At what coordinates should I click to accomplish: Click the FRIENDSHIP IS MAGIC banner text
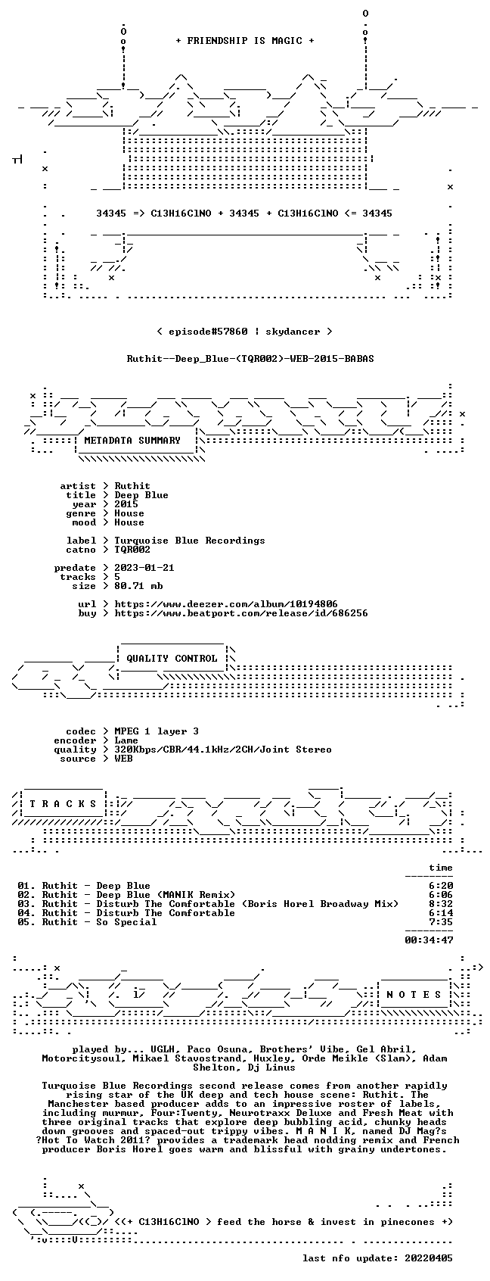244,41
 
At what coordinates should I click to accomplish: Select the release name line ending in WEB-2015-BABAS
250,359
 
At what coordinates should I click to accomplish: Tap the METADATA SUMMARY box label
132,441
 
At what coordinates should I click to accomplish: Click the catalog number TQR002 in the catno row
132,550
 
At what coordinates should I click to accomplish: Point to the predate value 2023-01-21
144,568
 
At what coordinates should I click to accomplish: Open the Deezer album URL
226,604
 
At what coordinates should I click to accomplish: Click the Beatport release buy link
241,613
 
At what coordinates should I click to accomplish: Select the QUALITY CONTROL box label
172,658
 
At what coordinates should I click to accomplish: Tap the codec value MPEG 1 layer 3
157,731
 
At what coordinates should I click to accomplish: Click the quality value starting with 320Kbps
223,750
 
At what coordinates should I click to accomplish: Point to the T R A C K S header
63,803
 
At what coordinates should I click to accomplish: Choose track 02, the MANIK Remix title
138,895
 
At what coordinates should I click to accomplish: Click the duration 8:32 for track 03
441,904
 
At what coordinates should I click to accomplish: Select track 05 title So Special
99,922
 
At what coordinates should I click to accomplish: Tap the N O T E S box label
414,995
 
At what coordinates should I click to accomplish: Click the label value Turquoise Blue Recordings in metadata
190,541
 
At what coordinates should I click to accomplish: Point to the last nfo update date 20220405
429,1258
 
